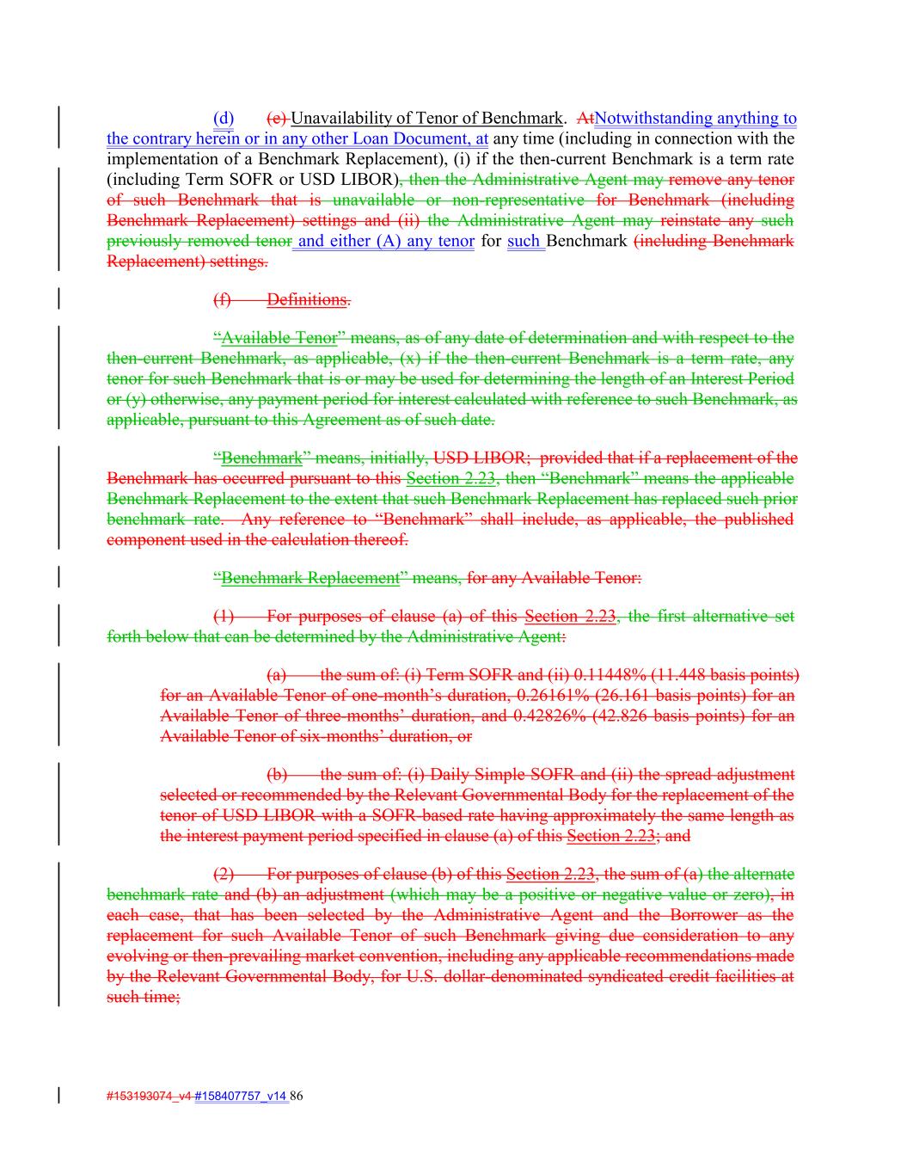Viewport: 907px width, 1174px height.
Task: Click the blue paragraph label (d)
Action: pos(224,118)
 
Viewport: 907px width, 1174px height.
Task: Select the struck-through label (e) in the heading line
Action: pos(277,118)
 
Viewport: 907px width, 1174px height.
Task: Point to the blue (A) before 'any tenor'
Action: pos(389,241)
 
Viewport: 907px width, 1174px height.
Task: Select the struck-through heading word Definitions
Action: pos(307,299)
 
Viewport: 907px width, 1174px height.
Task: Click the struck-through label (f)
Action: pos(222,299)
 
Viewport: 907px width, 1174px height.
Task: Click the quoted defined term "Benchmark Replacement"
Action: pos(309,578)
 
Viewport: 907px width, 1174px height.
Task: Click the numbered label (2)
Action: pos(223,874)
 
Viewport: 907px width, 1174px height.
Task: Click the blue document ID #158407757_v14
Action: pos(241,1096)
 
